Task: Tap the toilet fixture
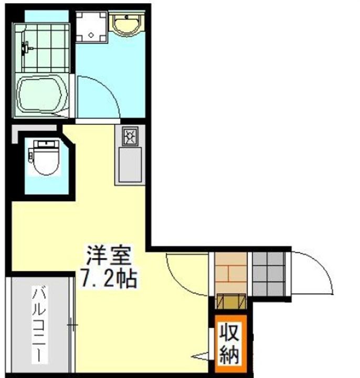point(44,157)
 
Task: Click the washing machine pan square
point(91,26)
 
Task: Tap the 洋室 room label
point(108,257)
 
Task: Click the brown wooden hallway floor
point(230,273)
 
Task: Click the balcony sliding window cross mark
point(72,325)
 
